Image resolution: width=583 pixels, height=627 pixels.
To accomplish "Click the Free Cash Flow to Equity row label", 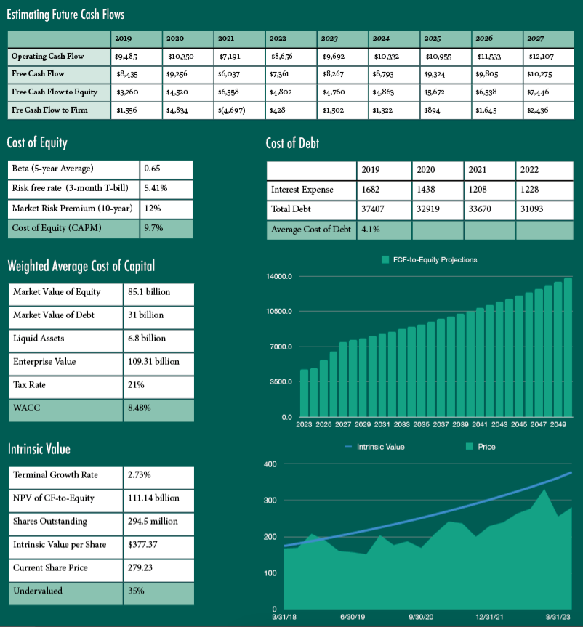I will click(x=55, y=92).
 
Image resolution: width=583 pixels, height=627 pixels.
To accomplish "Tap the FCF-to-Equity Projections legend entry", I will click(x=429, y=259).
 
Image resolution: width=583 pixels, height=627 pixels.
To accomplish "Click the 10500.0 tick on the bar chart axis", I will click(x=279, y=312).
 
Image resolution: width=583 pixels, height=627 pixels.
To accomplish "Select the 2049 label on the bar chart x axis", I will click(x=558, y=424).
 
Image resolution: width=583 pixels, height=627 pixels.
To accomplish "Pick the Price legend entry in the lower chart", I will click(x=481, y=446).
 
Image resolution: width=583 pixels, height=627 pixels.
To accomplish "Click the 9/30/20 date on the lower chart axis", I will click(x=422, y=616).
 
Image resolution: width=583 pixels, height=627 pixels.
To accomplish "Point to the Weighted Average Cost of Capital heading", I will click(x=81, y=266).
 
